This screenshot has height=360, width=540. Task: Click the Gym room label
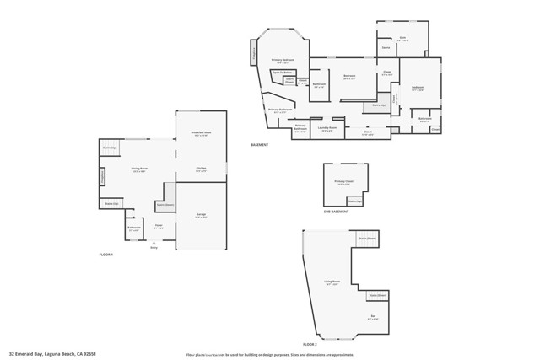402,38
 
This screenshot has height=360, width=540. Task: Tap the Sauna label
385,48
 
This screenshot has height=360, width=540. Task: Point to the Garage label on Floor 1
202,216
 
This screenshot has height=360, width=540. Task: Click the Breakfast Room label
201,134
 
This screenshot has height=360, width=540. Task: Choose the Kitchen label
202,170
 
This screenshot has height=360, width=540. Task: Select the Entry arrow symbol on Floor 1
154,243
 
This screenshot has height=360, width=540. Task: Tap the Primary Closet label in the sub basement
343,182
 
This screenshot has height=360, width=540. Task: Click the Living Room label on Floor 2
332,282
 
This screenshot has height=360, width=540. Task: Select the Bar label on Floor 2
373,318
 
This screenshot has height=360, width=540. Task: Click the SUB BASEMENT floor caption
336,211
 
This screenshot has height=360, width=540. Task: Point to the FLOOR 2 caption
310,344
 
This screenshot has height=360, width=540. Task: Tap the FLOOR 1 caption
106,254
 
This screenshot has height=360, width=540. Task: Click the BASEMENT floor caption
259,145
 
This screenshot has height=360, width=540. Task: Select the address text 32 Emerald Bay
49,354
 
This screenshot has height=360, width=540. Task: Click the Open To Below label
281,73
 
